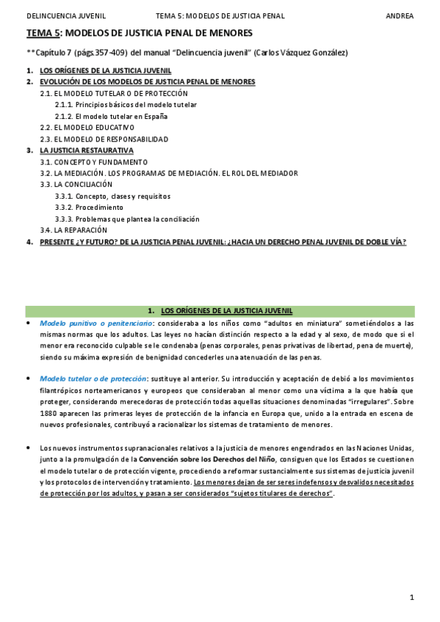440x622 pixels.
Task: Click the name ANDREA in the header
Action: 400,15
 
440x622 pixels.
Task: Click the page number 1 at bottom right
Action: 412,598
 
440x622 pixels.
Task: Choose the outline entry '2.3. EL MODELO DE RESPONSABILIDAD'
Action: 104,139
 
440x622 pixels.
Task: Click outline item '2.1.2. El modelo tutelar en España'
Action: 111,116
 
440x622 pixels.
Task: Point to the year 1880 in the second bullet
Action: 48,414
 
